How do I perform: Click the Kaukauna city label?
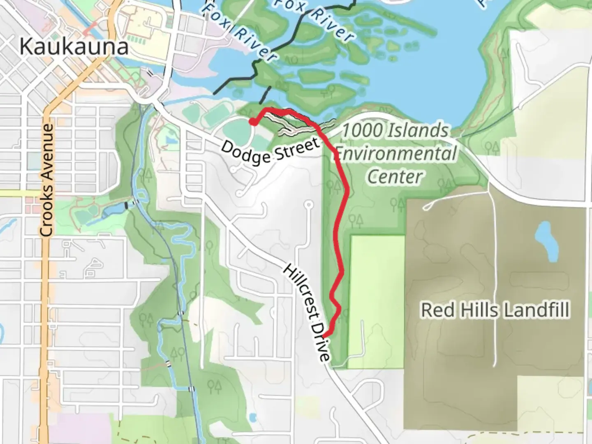click(74, 47)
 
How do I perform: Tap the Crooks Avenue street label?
click(47, 180)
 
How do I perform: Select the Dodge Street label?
click(270, 152)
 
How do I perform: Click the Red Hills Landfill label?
click(495, 310)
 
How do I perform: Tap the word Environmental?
click(395, 154)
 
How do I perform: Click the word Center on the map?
click(395, 177)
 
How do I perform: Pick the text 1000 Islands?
click(395, 131)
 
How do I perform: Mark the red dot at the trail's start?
click(254, 122)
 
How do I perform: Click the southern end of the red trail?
click(325, 336)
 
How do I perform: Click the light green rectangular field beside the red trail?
click(377, 300)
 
